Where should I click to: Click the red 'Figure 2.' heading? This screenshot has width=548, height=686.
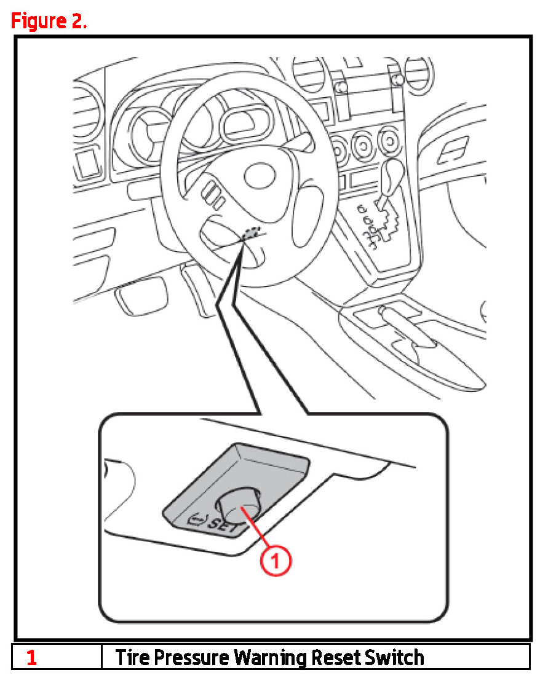(x=49, y=21)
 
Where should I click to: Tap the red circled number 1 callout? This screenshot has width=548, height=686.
(x=276, y=560)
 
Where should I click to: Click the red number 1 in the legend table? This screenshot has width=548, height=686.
(x=31, y=658)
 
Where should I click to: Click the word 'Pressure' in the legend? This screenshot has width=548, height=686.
(x=192, y=658)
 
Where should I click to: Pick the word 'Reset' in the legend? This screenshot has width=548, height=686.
(x=336, y=658)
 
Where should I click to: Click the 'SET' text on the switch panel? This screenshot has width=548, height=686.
(x=223, y=524)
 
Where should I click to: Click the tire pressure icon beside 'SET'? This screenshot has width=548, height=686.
(x=197, y=520)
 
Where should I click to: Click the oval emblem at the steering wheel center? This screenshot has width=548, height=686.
(x=260, y=176)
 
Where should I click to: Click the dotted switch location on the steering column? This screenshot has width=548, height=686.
(x=252, y=232)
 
